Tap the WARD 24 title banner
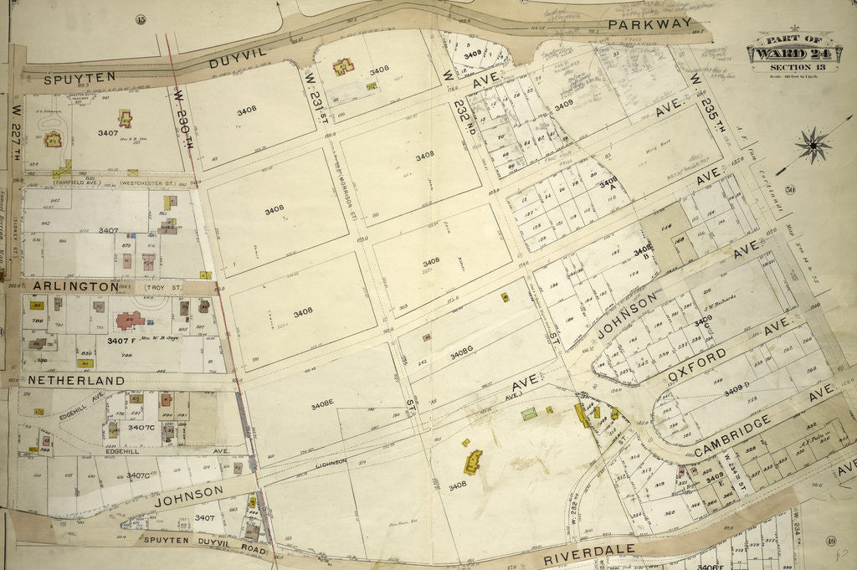783,54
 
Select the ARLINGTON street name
76,286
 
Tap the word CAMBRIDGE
732,436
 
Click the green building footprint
528,413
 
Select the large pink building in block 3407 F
129,320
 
